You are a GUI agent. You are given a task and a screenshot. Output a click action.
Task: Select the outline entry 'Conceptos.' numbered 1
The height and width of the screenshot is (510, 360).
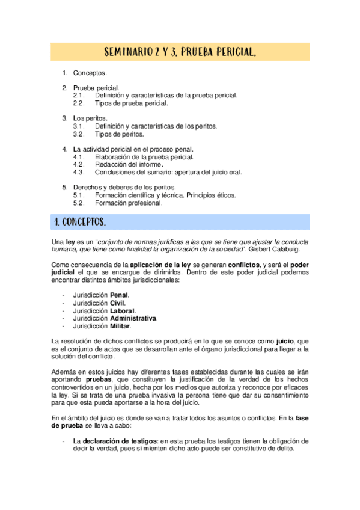click(90, 73)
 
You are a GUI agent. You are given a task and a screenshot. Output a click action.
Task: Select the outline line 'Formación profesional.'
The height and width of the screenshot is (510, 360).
click(129, 203)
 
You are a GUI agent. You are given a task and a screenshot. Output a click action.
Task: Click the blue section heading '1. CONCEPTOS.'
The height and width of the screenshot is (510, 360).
click(80, 223)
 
